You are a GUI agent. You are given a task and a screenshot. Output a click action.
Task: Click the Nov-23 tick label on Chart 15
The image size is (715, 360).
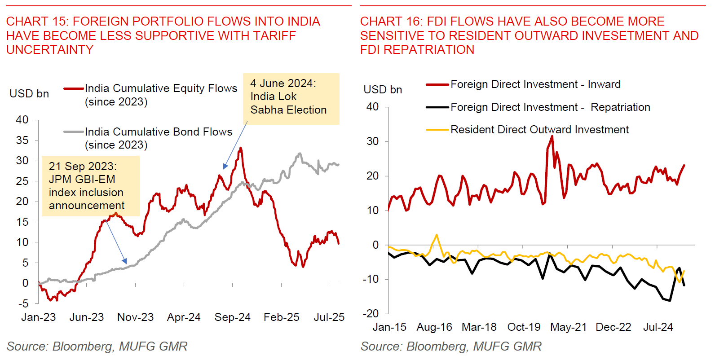[x=135, y=317]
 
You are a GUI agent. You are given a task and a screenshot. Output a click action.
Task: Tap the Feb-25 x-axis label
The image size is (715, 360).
[x=281, y=317]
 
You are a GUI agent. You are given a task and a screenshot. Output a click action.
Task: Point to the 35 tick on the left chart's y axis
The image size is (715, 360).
[x=22, y=140]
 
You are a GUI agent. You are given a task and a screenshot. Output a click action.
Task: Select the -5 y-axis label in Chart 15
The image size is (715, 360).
[x=23, y=304]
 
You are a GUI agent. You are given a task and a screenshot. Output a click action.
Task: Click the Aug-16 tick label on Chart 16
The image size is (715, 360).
[x=434, y=327]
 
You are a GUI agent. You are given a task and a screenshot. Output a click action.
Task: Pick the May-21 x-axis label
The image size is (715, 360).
[x=568, y=327]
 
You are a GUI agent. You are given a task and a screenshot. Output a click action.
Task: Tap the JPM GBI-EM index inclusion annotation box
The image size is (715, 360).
[x=90, y=186]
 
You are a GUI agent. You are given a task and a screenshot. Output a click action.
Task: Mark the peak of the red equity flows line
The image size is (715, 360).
[x=241, y=148]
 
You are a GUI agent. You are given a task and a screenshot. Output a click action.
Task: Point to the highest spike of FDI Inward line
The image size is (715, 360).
[x=552, y=136]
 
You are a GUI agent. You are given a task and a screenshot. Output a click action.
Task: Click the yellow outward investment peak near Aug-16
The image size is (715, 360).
[x=437, y=235]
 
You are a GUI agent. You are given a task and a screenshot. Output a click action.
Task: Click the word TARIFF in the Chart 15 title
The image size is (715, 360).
[x=274, y=36]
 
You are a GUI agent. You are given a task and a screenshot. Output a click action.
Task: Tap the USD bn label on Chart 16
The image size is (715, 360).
[x=383, y=90]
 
